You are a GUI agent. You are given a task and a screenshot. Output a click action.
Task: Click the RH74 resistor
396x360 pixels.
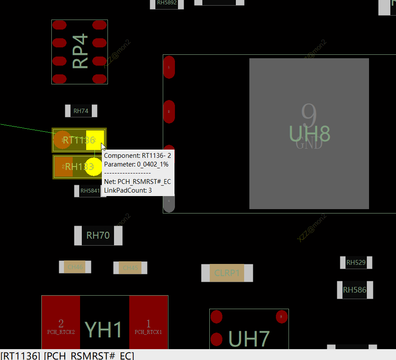(81, 111)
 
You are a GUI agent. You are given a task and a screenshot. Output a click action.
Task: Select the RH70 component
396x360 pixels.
(98, 236)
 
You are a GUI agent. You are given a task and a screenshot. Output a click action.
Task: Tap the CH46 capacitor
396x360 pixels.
(75, 267)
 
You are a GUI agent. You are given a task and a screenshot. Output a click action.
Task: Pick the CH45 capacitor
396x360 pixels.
(130, 268)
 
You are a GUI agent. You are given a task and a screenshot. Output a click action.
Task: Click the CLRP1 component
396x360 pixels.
(227, 273)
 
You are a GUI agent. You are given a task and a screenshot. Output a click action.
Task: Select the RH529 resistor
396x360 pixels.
(356, 263)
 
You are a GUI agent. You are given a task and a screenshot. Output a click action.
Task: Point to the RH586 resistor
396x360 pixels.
(355, 290)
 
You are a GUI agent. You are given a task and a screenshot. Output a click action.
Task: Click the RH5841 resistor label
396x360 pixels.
(90, 190)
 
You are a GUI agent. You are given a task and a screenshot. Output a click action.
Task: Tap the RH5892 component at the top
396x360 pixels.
(167, 3)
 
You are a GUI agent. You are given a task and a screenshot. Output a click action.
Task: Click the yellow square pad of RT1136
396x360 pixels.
(94, 140)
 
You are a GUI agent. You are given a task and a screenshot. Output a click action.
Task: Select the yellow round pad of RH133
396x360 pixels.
(93, 167)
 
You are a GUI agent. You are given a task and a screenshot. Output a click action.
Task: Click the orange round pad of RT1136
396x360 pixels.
(62, 140)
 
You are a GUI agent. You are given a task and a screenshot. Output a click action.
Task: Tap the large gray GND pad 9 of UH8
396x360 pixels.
(309, 133)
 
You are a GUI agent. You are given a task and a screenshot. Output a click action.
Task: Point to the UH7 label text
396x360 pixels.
(249, 339)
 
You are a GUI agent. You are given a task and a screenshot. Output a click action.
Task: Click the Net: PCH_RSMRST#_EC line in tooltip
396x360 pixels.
(137, 181)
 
